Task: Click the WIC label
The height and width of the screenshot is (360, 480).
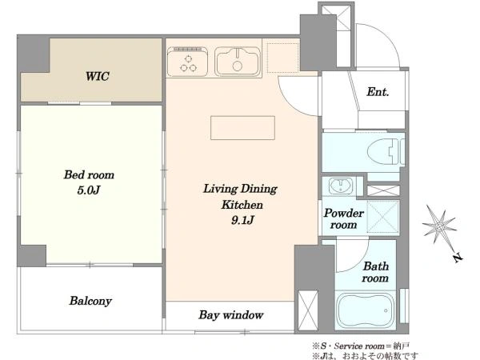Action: coord(98,76)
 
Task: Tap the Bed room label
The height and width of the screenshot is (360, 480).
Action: coord(89,174)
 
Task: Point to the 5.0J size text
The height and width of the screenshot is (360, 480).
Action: coord(89,190)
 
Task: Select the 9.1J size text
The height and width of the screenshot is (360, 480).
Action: coord(242,220)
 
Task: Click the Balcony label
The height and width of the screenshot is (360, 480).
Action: coord(90,301)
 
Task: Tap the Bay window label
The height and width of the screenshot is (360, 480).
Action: coord(231,314)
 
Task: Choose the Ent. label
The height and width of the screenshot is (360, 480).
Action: coord(378,91)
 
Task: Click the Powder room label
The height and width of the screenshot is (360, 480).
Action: coord(344,219)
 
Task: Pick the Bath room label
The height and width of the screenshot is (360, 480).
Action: coord(376,272)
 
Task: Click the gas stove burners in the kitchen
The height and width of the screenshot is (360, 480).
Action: coord(188,62)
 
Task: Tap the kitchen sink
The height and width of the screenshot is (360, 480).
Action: coord(238,62)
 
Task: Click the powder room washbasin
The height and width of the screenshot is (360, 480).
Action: coord(341,186)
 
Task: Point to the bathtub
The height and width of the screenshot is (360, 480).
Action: coord(365,310)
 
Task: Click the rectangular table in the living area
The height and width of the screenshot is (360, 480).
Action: coord(242,128)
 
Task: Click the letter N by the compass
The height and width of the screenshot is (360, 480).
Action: coord(458,258)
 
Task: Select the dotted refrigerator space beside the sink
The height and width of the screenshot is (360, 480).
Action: coord(282,58)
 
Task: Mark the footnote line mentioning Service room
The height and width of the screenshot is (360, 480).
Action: coord(360,346)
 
